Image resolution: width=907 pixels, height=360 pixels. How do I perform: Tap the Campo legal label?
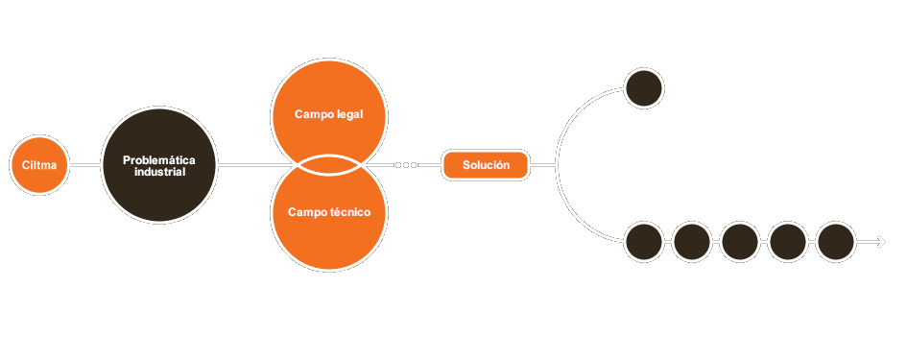tap(329, 115)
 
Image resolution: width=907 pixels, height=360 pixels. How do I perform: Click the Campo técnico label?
tap(329, 211)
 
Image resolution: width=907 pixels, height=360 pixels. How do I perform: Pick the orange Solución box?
tap(486, 165)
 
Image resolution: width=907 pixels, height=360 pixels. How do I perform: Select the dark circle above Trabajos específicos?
tap(643, 87)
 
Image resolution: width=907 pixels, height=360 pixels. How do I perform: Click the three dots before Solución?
tap(406, 165)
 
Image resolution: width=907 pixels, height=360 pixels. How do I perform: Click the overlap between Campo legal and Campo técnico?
tap(329, 164)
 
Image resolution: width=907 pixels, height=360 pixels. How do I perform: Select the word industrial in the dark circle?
tap(159, 172)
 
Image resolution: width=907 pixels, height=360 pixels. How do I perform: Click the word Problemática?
tap(159, 159)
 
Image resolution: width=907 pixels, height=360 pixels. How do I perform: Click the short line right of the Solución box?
tap(543, 165)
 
